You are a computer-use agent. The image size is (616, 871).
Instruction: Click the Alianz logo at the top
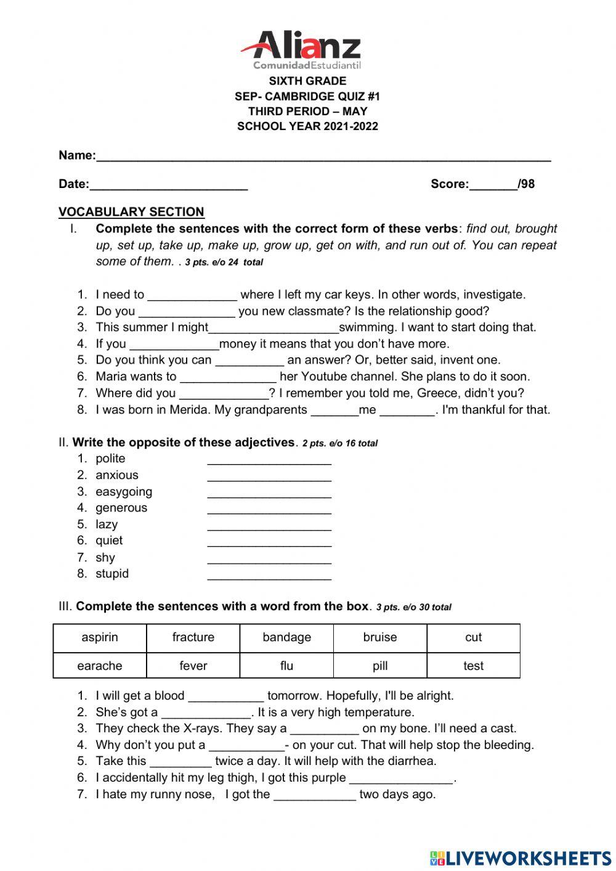point(301,49)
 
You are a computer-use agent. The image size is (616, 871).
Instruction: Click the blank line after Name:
point(323,158)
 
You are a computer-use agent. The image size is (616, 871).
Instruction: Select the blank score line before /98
point(493,186)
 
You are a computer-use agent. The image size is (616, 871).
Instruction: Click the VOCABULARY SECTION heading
point(131,212)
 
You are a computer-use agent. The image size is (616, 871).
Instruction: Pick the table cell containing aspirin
point(100,637)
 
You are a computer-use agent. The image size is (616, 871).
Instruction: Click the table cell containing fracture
point(193,637)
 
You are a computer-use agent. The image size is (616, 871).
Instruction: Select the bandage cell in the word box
point(286,637)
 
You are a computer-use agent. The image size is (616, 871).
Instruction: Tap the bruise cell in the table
point(380,637)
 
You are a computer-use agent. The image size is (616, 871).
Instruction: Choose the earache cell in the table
point(100,666)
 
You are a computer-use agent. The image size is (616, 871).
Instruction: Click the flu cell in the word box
point(286,666)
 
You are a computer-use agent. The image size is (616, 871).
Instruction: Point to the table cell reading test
point(473,666)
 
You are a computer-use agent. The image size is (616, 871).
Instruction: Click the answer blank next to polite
point(269,461)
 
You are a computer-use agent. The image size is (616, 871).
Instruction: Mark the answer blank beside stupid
point(269,576)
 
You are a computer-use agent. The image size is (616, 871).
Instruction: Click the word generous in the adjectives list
point(121,508)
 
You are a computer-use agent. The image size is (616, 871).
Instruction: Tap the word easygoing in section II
point(124,492)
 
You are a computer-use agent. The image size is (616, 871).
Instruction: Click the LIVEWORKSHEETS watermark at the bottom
point(521,858)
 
